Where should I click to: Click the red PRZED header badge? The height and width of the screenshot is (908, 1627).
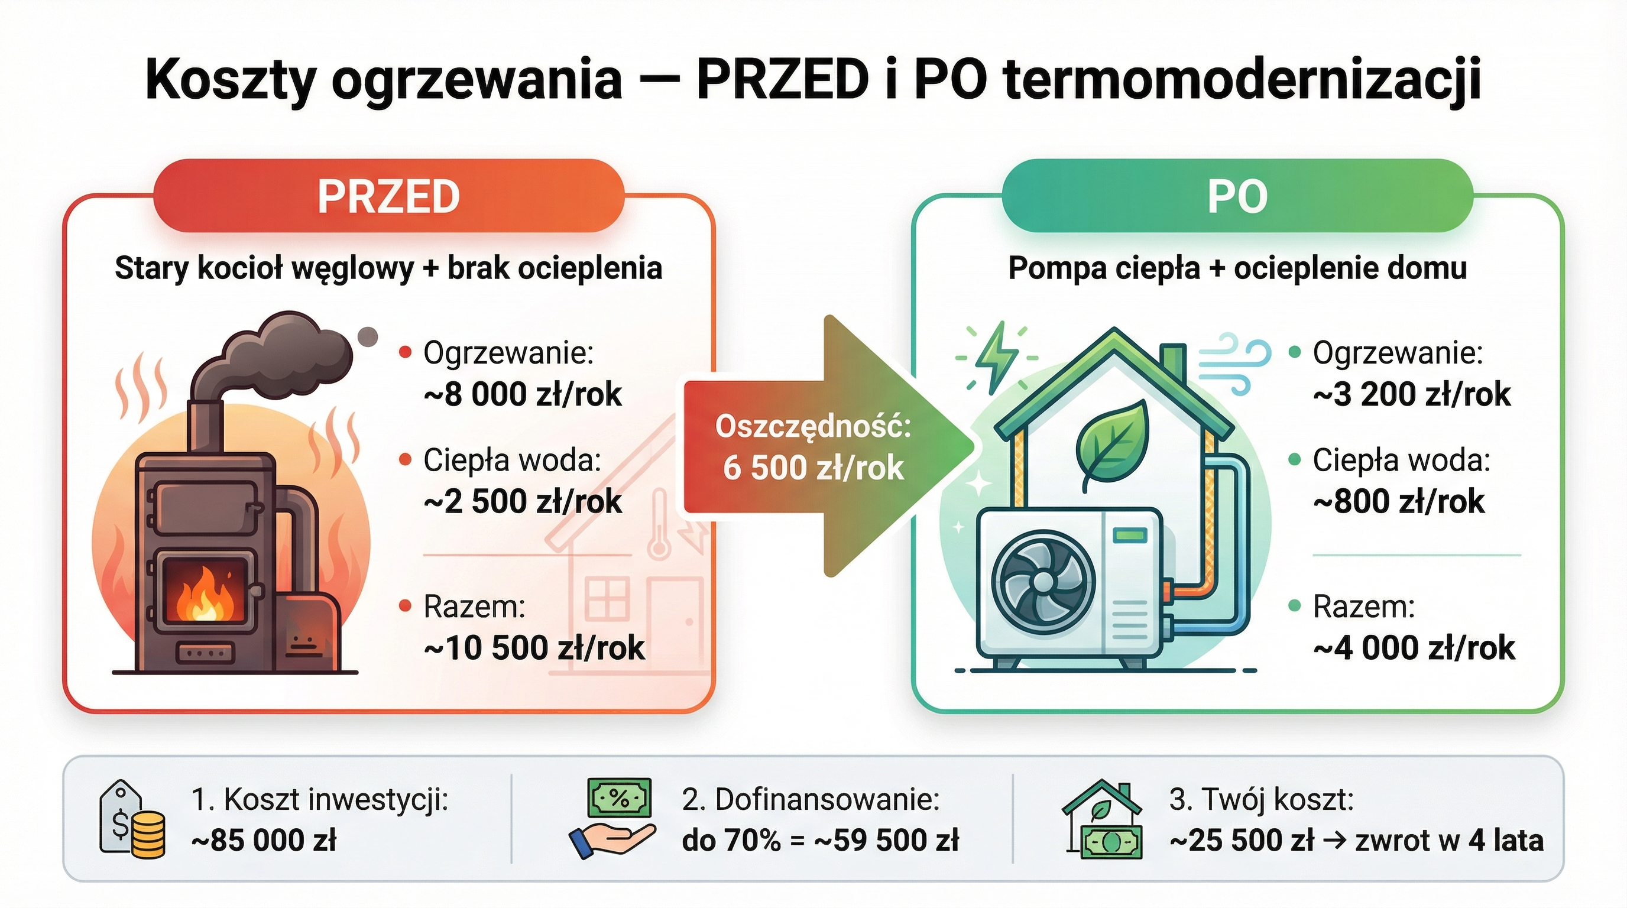(x=388, y=196)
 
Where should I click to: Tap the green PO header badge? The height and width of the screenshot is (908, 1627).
(x=1237, y=196)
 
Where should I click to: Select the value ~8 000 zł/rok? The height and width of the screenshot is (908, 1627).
(x=523, y=395)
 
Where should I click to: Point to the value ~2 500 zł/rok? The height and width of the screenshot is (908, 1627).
(x=523, y=502)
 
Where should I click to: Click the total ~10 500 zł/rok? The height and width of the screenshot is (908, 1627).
(x=534, y=648)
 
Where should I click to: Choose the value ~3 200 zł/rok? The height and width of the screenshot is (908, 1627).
(x=1412, y=395)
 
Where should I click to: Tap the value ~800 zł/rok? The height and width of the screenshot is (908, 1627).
(x=1399, y=502)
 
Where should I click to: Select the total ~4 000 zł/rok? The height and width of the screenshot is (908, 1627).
(x=1414, y=648)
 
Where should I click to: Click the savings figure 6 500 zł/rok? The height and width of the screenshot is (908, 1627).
(x=813, y=468)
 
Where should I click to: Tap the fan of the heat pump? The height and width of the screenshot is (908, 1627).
(x=1043, y=585)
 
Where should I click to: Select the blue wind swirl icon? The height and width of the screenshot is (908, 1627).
(x=1235, y=363)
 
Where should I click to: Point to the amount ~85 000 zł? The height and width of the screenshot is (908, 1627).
(x=264, y=841)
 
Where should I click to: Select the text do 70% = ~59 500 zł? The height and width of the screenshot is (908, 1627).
(x=821, y=841)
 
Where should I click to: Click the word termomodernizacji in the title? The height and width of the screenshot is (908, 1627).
(x=1242, y=81)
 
